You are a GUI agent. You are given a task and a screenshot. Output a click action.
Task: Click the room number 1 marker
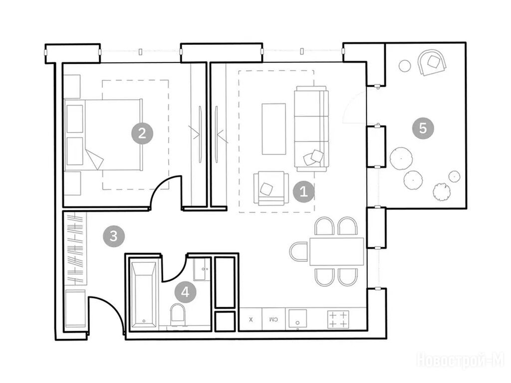coord(304,191)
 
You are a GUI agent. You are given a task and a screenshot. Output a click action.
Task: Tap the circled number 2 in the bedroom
coord(142,133)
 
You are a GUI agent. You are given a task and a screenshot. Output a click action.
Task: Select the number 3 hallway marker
coord(114,236)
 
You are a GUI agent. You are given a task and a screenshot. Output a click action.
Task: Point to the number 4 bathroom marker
coord(185,292)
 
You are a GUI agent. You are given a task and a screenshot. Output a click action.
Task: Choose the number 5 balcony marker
coord(423,128)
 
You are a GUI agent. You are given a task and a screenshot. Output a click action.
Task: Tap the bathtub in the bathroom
coord(144,294)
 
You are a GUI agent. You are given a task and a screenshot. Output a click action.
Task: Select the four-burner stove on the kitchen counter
coord(338,320)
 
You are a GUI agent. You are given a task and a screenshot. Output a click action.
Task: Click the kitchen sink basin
coord(297,319)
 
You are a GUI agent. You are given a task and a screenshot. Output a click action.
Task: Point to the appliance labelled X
coord(251,320)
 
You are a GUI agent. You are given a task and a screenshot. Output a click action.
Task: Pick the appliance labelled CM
coord(274,320)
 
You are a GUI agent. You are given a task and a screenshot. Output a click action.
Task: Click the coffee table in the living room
coord(274,129)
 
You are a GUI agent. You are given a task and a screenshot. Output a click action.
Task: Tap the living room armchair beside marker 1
coord(271,189)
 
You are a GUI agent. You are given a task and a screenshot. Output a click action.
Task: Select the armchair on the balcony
coord(432,62)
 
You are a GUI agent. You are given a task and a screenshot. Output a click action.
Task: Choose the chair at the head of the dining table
coord(299,251)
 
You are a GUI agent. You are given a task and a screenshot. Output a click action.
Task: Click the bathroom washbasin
coord(202,269)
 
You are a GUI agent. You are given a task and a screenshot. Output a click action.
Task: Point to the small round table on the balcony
coord(405,66)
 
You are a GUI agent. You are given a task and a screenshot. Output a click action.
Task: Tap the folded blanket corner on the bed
coord(94,159)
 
